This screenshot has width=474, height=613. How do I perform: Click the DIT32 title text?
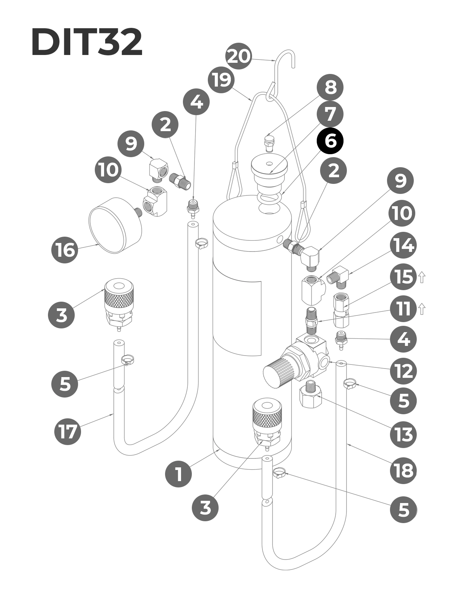pyautogui.click(x=87, y=42)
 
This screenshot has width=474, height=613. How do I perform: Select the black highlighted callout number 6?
pyautogui.click(x=330, y=141)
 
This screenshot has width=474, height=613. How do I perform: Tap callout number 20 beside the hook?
pyautogui.click(x=239, y=56)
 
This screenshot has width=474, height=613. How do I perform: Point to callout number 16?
pyautogui.click(x=65, y=250)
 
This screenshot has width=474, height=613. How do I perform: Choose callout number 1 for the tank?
pyautogui.click(x=178, y=474)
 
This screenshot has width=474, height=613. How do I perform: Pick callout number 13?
pyautogui.click(x=403, y=434)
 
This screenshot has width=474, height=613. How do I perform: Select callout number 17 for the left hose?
pyautogui.click(x=68, y=431)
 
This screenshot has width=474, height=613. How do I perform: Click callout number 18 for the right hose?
pyautogui.click(x=403, y=471)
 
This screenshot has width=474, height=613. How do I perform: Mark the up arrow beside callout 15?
pyautogui.click(x=422, y=278)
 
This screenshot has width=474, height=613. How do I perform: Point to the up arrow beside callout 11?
pyautogui.click(x=422, y=309)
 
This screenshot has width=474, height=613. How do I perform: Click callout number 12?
pyautogui.click(x=403, y=371)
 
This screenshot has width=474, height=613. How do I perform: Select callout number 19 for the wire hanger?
pyautogui.click(x=222, y=80)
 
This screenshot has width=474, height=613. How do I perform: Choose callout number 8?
pyautogui.click(x=330, y=88)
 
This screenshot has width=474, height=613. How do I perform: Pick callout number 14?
pyautogui.click(x=403, y=246)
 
